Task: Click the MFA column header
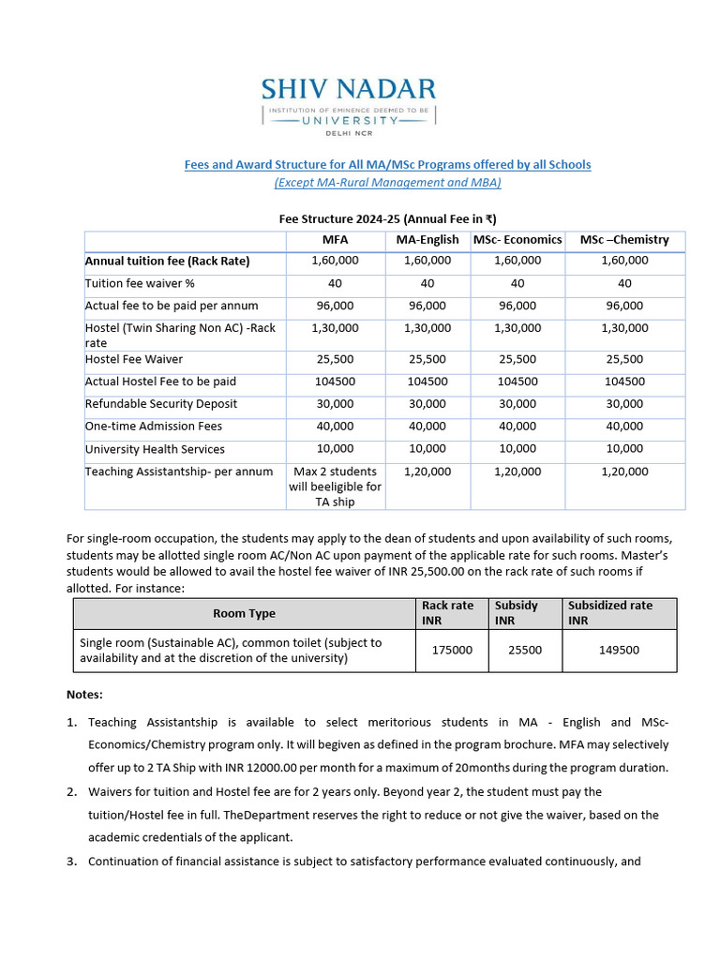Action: coord(335,239)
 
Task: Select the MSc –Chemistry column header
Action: coord(624,239)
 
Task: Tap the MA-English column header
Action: coord(427,239)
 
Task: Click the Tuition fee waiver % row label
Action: coord(140,283)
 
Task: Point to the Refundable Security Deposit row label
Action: coord(161,404)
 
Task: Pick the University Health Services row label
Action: coord(155,449)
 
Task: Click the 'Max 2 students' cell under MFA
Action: coord(335,487)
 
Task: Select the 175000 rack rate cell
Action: coord(452,650)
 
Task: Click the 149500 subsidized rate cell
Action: coord(619,650)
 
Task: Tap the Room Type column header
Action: coord(244,613)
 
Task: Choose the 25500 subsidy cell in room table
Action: coord(525,650)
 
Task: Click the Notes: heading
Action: coord(84,695)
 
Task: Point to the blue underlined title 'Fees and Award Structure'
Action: coord(387,164)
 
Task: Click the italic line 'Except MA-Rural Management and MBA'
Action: coord(387,183)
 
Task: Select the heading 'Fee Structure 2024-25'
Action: coord(387,218)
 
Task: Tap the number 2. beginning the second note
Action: coord(71,792)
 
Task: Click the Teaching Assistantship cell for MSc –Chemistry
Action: coord(624,472)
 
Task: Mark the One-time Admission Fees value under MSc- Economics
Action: coord(517,427)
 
